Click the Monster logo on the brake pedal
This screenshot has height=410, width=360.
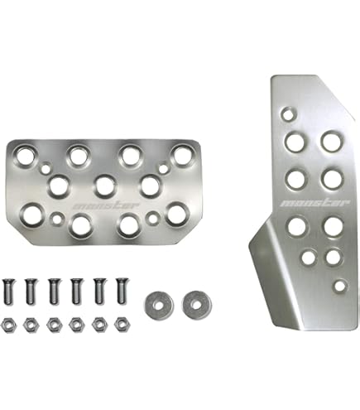pyautogui.click(x=107, y=206)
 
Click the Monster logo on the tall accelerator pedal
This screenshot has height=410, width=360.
pyautogui.click(x=315, y=203)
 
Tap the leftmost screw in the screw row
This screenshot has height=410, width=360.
pyautogui.click(x=9, y=292)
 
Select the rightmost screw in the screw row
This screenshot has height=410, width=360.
pyautogui.click(x=122, y=291)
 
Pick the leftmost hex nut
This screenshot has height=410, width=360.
pyautogui.click(x=9, y=326)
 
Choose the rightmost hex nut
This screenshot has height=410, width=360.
pyautogui.click(x=122, y=325)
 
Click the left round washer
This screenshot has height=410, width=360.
pyautogui.click(x=159, y=306)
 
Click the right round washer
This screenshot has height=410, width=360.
pyautogui.click(x=197, y=305)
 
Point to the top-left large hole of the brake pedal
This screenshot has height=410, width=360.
pyautogui.click(x=25, y=157)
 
